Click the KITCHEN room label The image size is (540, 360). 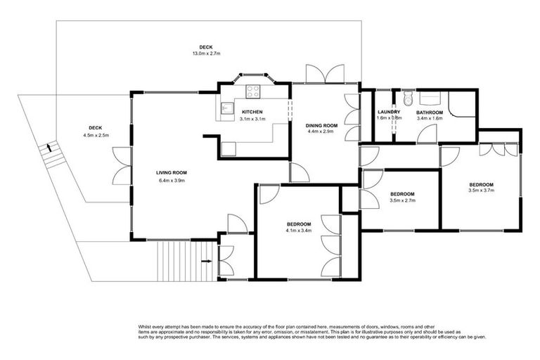(x=252, y=112)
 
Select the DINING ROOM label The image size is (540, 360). (x=321, y=125)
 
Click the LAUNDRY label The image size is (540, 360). (x=389, y=112)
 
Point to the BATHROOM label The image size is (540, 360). (x=429, y=112)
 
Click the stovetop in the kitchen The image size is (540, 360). (x=252, y=91)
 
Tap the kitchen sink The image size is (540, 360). (x=226, y=108)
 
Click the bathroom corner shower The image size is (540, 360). (x=462, y=103)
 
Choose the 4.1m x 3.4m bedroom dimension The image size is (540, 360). (x=298, y=231)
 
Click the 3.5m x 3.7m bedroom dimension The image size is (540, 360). (x=482, y=190)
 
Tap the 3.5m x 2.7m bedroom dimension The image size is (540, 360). (x=402, y=200)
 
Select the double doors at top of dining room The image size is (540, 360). (x=326, y=74)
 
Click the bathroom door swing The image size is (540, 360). (x=427, y=135)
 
